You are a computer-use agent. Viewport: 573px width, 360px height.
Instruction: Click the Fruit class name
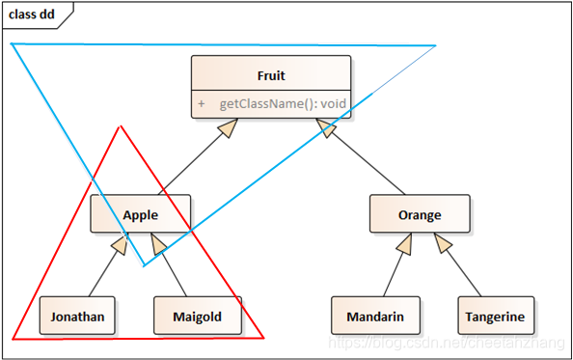pyautogui.click(x=270, y=75)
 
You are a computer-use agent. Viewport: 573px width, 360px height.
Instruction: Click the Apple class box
pyautogui.click(x=140, y=214)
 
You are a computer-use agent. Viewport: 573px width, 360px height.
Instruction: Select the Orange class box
pyautogui.click(x=419, y=214)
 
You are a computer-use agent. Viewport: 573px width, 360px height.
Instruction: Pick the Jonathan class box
pyautogui.click(x=77, y=316)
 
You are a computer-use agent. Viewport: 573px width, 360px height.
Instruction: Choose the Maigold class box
pyautogui.click(x=197, y=316)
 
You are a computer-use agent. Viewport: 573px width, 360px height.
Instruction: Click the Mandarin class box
pyautogui.click(x=374, y=316)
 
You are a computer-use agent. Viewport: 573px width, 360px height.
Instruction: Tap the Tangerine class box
pyautogui.click(x=494, y=316)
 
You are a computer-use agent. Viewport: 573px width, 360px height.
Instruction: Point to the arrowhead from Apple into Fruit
pyautogui.click(x=227, y=128)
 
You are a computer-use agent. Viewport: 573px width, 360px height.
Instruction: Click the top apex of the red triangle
pyautogui.click(x=121, y=126)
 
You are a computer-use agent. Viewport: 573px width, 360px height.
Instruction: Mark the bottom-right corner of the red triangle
pyautogui.click(x=263, y=339)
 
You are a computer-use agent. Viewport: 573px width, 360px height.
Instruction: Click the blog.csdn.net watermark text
pyautogui.click(x=449, y=344)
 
